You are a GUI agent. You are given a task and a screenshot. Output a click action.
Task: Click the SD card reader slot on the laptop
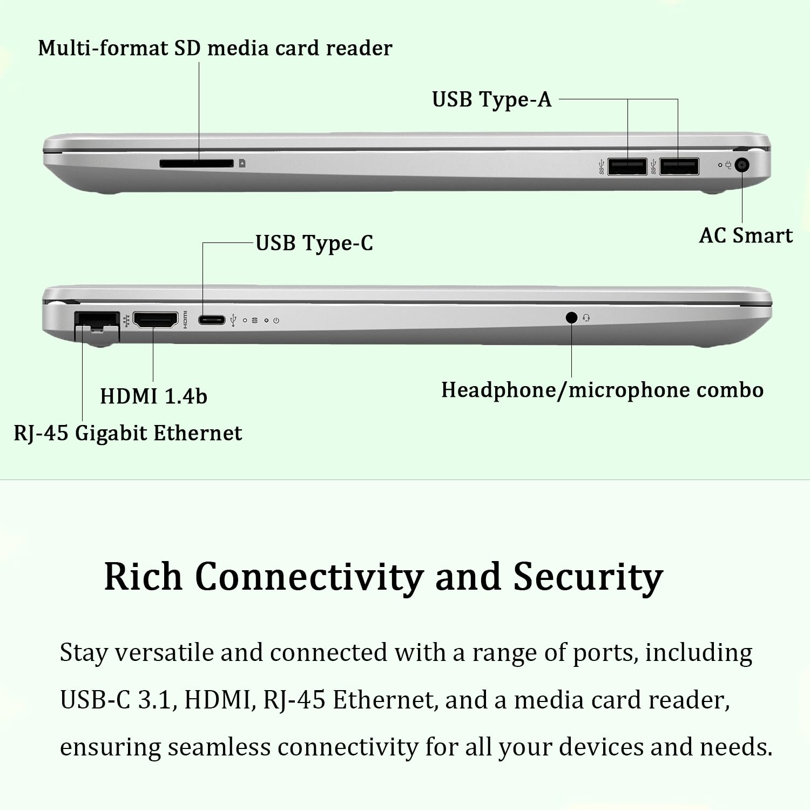point(196,163)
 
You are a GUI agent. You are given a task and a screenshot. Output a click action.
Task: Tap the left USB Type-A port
point(627,166)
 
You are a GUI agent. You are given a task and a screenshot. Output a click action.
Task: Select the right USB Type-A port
point(679,166)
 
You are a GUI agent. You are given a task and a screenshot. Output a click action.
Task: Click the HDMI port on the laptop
point(155,320)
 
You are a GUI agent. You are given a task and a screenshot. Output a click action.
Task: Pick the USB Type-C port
point(211,320)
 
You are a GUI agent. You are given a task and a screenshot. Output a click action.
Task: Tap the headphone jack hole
point(571,318)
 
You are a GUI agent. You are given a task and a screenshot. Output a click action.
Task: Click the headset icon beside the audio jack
point(586,318)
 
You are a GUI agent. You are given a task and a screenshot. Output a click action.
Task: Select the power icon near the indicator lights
point(276,320)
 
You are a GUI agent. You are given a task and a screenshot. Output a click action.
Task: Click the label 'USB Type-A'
point(491,100)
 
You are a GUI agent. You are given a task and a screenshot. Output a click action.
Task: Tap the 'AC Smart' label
point(746,235)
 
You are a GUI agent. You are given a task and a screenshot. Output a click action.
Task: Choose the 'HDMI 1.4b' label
point(153,396)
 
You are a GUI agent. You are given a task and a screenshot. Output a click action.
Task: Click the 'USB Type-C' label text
point(314,243)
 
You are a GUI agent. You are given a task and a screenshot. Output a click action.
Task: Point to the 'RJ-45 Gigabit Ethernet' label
point(127,433)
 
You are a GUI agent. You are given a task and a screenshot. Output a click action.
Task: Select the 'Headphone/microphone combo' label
point(602,390)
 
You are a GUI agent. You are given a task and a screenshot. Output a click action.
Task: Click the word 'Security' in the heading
point(588,577)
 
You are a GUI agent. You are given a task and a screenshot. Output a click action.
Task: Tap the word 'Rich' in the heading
point(143,577)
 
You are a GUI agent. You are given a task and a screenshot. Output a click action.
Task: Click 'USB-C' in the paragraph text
point(95,700)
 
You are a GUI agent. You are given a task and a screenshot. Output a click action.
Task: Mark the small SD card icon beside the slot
point(242,163)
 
